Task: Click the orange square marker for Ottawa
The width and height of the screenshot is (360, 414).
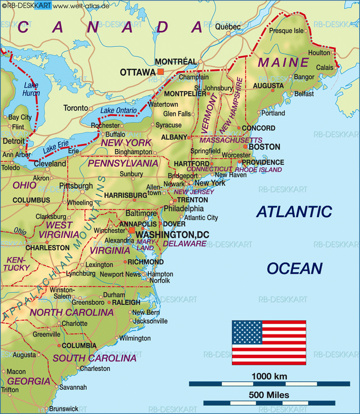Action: point(160,72)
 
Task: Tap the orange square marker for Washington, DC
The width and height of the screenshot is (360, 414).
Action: point(132,230)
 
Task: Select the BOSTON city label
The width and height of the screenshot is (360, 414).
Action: point(264,147)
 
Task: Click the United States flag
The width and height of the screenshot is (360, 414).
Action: point(269,343)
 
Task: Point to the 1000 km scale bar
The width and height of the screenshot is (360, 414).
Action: point(269,384)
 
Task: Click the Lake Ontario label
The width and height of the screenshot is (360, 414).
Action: point(119,111)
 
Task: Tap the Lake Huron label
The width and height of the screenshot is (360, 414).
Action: point(32,89)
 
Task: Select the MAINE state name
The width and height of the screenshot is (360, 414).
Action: point(284,63)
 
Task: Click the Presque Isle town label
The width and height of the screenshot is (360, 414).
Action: point(287,31)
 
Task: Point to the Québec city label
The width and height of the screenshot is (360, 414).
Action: point(228,27)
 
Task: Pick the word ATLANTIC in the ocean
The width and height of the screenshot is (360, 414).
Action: point(294,212)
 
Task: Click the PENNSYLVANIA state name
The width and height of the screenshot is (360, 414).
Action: point(123,163)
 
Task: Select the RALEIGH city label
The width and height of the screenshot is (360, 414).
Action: point(126,302)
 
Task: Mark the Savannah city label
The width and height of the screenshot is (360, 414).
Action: point(73,387)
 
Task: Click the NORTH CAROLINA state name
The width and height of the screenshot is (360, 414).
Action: point(72,313)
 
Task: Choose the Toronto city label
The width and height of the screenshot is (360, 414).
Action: point(75,108)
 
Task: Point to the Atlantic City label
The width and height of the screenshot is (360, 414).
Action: point(201,218)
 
